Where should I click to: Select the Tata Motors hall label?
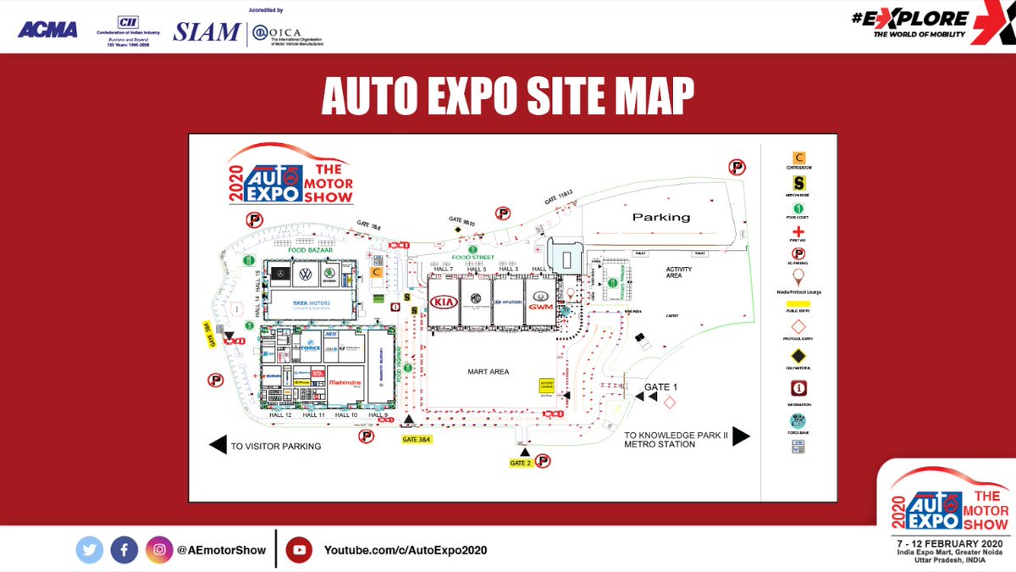click(x=311, y=303)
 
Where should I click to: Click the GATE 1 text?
click(x=663, y=387)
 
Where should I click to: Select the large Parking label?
click(x=661, y=217)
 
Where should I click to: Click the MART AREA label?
click(x=488, y=371)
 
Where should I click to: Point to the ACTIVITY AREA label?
click(x=679, y=271)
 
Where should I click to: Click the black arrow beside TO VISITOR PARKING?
click(x=218, y=445)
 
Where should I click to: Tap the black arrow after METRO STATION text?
click(x=741, y=436)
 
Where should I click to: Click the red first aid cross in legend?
click(x=798, y=230)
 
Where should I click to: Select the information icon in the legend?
click(x=798, y=388)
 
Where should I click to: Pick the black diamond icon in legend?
click(x=798, y=356)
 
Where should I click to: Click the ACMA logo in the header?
click(x=47, y=30)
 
